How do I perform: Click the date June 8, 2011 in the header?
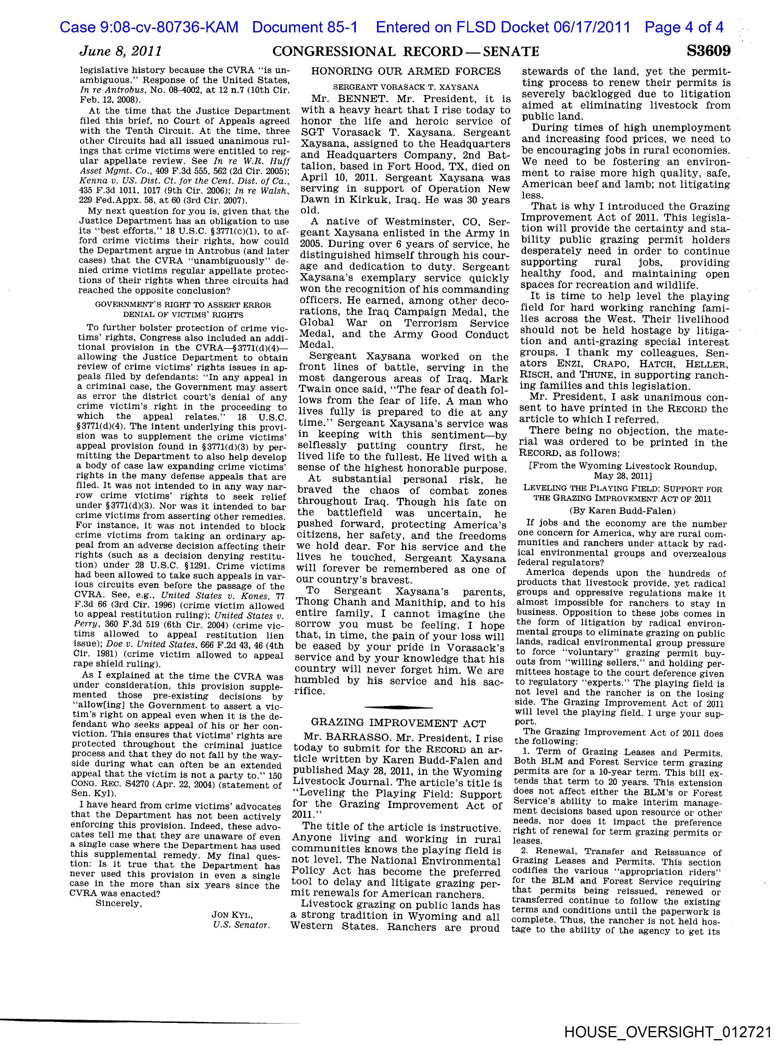click(121, 51)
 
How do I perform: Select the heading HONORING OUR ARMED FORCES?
click(406, 72)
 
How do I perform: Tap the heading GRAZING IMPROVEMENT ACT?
click(398, 723)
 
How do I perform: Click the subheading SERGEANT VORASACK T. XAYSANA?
click(406, 88)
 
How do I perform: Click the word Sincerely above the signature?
click(118, 903)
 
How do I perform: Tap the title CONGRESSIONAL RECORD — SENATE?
click(406, 51)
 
